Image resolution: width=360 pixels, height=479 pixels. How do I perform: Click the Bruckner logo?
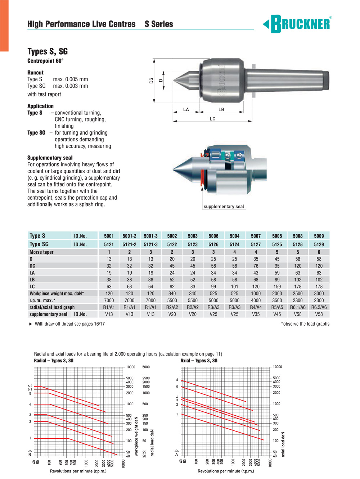(297, 24)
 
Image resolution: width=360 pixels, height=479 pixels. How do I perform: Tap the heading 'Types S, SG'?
(48, 51)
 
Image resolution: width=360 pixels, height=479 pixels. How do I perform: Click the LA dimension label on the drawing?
(186, 109)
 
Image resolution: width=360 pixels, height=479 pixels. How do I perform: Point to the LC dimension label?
(212, 118)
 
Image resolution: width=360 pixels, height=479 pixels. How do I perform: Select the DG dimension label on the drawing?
(152, 80)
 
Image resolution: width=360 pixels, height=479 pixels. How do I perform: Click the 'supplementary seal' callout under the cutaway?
(224, 207)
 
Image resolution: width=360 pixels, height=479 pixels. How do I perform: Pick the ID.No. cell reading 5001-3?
(150, 236)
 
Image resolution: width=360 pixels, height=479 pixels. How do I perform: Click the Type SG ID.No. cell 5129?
(319, 244)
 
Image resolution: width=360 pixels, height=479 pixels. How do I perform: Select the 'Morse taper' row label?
(41, 252)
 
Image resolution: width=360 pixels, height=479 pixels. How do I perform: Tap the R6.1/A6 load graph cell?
(298, 307)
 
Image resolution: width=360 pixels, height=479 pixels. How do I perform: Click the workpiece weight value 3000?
(319, 293)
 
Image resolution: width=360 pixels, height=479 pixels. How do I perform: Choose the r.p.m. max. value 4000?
(256, 300)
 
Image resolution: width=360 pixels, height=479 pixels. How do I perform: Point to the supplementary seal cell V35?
(256, 314)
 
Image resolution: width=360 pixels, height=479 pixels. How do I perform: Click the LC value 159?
(277, 286)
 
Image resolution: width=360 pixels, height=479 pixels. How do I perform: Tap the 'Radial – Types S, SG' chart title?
(54, 361)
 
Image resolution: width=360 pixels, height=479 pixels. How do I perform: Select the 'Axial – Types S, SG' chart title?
(199, 361)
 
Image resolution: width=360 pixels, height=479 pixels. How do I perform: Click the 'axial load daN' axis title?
(283, 444)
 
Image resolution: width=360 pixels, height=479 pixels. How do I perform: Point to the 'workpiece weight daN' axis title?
(136, 436)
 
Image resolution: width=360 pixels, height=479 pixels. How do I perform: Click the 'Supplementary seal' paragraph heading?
(50, 158)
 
